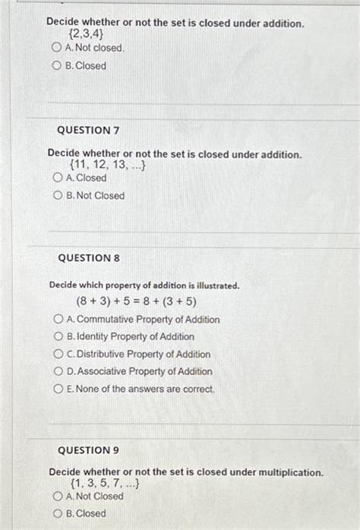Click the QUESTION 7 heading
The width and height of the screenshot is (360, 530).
[89, 131]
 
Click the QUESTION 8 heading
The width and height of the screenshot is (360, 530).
[89, 258]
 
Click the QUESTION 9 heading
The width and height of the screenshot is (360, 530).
[89, 450]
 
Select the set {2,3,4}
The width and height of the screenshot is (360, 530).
[86, 35]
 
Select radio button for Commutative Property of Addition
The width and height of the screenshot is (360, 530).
[58, 320]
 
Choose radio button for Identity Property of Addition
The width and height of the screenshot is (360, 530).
[58, 337]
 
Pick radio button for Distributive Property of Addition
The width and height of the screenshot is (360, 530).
[58, 355]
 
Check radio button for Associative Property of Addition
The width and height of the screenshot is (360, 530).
[58, 372]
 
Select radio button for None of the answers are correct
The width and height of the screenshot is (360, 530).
[58, 390]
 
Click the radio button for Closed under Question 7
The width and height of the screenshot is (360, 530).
[58, 178]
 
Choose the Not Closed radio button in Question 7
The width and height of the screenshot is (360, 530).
[58, 196]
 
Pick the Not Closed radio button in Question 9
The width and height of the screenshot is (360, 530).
[57, 497]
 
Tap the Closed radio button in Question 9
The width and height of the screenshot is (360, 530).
[57, 514]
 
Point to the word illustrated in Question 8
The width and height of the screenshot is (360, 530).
[213, 286]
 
